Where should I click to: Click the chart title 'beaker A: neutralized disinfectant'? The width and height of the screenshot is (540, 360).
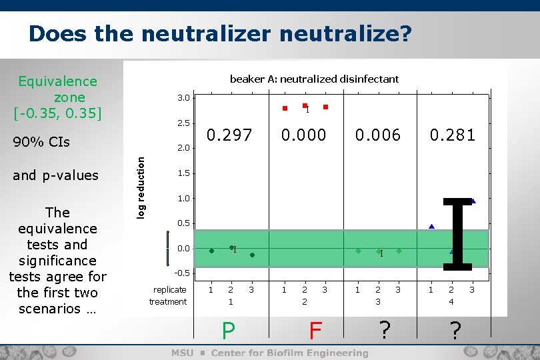coord(314,79)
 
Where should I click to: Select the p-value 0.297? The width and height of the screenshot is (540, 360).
coord(229,135)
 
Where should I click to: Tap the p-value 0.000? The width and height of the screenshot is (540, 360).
coord(303,135)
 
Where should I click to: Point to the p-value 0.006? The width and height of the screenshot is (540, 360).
coord(378,135)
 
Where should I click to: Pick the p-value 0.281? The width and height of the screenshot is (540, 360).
coord(453,135)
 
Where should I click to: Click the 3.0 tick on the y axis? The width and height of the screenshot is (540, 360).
coord(183,98)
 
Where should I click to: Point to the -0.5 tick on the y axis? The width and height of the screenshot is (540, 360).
coord(182,273)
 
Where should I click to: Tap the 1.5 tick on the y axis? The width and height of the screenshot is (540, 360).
coord(183,173)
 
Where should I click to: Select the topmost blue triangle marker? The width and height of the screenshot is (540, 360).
coord(473,201)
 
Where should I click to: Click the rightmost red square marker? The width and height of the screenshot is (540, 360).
coord(325,107)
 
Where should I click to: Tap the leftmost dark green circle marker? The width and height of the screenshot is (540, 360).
coord(211,251)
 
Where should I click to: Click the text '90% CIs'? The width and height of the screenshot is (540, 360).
coord(41,143)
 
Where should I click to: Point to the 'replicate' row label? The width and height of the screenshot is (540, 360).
coord(169,290)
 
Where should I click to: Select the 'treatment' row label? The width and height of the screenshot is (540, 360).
coord(168,302)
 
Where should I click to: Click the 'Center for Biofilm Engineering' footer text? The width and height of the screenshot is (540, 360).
coord(289,353)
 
